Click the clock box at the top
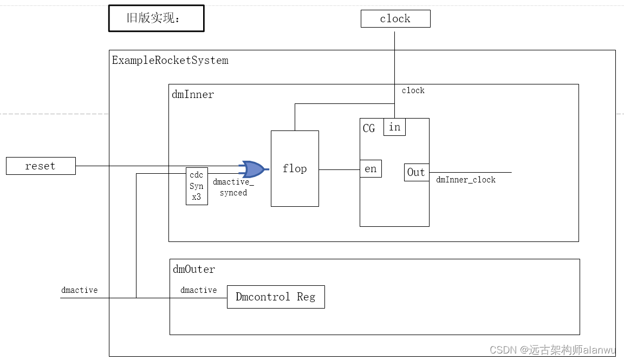pyautogui.click(x=395, y=19)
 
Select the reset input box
pyautogui.click(x=41, y=166)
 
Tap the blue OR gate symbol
pyautogui.click(x=253, y=169)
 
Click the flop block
pyautogui.click(x=295, y=168)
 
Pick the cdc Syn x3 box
pyautogui.click(x=196, y=186)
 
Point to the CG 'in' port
pyautogui.click(x=394, y=127)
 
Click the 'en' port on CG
pyautogui.click(x=370, y=169)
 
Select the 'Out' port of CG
pyautogui.click(x=416, y=172)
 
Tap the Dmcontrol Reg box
pyautogui.click(x=275, y=297)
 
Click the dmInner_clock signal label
pyautogui.click(x=466, y=180)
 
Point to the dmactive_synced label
pyautogui.click(x=233, y=187)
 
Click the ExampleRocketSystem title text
pyautogui.click(x=170, y=60)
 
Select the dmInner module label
pyautogui.click(x=193, y=94)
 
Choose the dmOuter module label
pyautogui.click(x=194, y=269)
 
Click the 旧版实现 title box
pyautogui.click(x=156, y=18)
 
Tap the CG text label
pyautogui.click(x=369, y=128)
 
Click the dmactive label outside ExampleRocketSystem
pyautogui.click(x=80, y=290)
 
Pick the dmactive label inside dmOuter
pyautogui.click(x=199, y=290)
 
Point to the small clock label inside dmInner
pyautogui.click(x=413, y=90)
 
